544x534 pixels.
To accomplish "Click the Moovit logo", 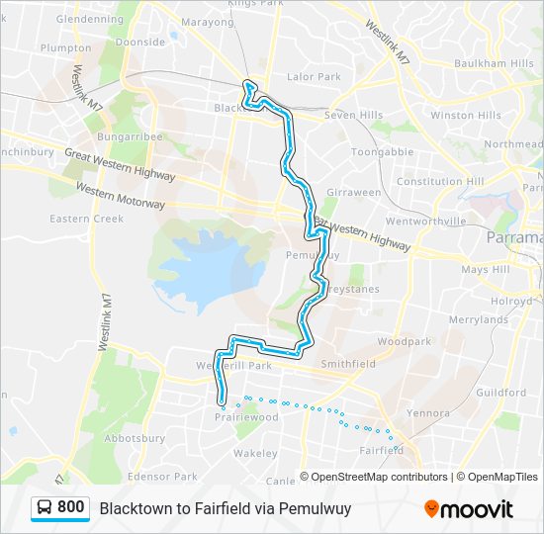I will point(469,509).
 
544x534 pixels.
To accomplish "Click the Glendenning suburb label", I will point(90,19).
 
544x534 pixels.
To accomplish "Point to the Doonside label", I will point(140,43).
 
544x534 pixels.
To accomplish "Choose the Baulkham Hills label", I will point(494,63).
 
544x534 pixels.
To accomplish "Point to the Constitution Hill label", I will point(440,182).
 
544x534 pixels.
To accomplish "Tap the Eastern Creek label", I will point(87,219).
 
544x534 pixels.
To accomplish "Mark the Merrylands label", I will point(477,319).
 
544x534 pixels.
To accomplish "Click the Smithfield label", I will point(348,364).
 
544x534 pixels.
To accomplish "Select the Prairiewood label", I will point(245,417).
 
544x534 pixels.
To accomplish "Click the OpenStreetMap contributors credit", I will point(379,477).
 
